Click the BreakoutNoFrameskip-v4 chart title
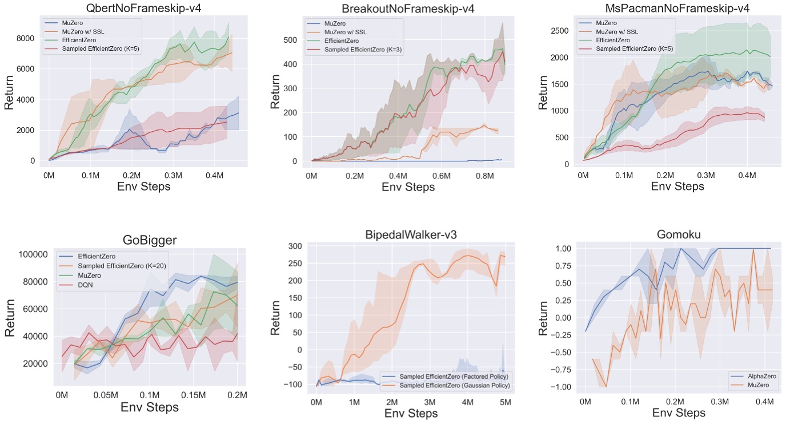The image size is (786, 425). pos(408,8)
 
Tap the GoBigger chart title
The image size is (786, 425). pos(149,240)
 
